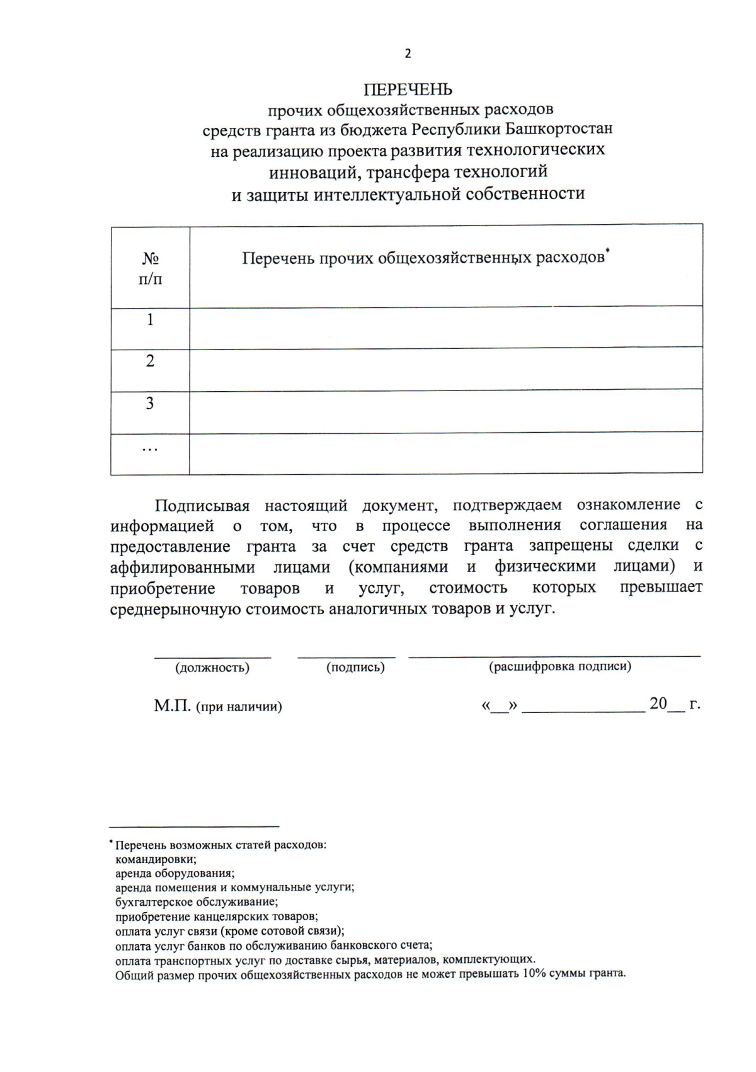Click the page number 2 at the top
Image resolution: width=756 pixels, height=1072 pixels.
[408, 54]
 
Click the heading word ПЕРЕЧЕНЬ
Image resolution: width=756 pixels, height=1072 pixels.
[408, 89]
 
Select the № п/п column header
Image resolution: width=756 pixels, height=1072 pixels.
[150, 268]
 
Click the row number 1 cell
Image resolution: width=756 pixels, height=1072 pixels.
[150, 320]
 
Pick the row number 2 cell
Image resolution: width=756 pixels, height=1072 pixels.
[150, 361]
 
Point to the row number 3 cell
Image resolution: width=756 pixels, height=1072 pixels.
[150, 403]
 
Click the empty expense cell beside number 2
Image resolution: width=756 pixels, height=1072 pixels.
[445, 369]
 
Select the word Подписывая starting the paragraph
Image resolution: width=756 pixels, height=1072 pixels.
[202, 506]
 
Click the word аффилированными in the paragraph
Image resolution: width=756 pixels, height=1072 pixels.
[182, 567]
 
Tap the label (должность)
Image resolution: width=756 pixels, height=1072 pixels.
[212, 668]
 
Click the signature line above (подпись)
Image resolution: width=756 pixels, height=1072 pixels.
[346, 657]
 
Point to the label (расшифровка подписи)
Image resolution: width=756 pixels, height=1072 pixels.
[560, 666]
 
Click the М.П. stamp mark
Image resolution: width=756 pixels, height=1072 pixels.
[172, 705]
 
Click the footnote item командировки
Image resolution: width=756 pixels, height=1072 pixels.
[156, 859]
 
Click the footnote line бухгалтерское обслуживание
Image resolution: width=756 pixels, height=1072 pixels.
[196, 902]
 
